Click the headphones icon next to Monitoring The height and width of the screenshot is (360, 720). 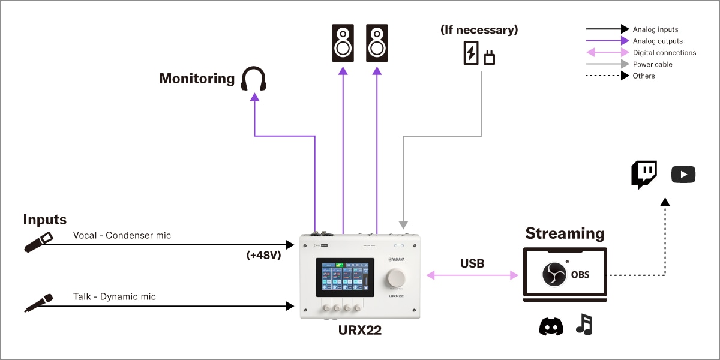pyautogui.click(x=253, y=79)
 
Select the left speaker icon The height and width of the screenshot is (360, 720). pyautogui.click(x=343, y=43)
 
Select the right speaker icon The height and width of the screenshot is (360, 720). pyautogui.click(x=377, y=43)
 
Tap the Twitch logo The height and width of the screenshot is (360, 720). pyautogui.click(x=644, y=175)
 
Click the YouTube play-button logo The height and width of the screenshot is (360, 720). pyautogui.click(x=683, y=175)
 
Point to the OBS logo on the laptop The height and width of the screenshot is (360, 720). pyautogui.click(x=554, y=274)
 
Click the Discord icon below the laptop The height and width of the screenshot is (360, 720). pyautogui.click(x=551, y=326)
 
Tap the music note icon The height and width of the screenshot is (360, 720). pyautogui.click(x=584, y=325)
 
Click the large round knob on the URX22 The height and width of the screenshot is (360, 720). pyautogui.click(x=396, y=278)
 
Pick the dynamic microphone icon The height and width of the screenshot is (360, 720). pyautogui.click(x=38, y=302)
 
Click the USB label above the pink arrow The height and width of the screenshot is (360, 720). pyautogui.click(x=472, y=263)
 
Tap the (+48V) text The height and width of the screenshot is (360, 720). pyautogui.click(x=263, y=254)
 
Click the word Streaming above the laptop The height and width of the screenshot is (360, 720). pyautogui.click(x=565, y=233)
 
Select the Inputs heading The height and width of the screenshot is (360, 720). pyautogui.click(x=44, y=220)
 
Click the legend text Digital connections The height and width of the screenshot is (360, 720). pyautogui.click(x=664, y=53)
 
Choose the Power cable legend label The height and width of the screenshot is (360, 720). pyautogui.click(x=652, y=64)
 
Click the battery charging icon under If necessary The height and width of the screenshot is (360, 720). pyautogui.click(x=471, y=53)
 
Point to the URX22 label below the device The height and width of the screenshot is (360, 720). pyautogui.click(x=360, y=330)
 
